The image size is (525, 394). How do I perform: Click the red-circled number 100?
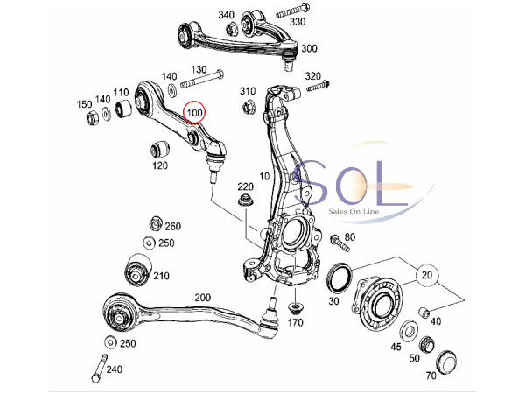(194, 113)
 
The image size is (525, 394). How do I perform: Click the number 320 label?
(314, 76)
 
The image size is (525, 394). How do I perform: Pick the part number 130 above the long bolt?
(199, 70)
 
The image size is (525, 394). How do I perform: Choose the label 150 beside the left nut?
(84, 105)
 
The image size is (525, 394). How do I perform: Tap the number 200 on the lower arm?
(203, 299)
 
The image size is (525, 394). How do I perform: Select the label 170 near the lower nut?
(295, 323)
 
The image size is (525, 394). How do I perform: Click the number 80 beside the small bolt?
(350, 237)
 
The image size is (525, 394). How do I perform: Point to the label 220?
(244, 186)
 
